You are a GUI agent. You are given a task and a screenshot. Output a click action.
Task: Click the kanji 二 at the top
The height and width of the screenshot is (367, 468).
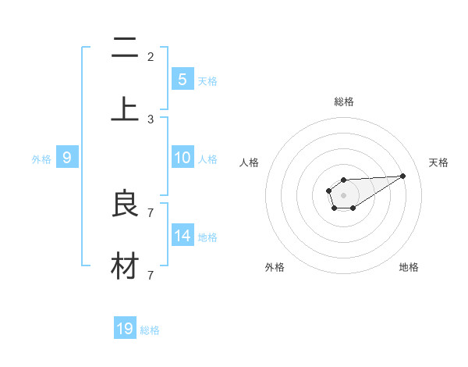125,50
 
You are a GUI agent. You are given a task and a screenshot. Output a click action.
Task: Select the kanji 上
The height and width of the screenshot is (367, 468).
125,108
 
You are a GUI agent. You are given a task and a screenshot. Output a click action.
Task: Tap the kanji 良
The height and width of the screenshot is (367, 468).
125,205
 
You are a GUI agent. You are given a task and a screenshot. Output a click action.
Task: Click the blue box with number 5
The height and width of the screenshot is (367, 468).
182,79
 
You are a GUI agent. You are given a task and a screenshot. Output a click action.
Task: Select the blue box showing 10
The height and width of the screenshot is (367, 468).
182,158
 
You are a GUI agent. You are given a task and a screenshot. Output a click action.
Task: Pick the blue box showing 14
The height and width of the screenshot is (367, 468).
182,236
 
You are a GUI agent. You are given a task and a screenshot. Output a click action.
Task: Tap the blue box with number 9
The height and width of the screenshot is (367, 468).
67,158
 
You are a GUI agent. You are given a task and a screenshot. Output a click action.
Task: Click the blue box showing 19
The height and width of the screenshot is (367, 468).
125,329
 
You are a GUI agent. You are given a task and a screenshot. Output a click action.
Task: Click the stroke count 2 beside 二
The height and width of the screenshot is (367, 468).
151,56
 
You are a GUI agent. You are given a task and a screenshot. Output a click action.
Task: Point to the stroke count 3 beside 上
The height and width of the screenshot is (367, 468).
151,119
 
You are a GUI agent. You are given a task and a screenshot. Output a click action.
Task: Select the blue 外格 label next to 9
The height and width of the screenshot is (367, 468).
41,159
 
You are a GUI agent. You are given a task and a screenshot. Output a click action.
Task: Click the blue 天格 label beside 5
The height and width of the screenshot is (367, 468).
207,80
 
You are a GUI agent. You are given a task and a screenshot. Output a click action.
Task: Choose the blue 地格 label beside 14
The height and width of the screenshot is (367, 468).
207,237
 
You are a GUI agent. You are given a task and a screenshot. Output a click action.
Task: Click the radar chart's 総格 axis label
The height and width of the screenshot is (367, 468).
343,102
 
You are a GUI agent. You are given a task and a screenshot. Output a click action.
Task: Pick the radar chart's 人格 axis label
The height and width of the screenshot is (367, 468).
249,162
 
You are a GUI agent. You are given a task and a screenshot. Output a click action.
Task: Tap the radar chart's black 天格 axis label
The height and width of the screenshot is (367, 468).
438,162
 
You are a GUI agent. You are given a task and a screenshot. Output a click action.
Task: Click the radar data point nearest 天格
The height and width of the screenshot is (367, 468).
403,176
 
